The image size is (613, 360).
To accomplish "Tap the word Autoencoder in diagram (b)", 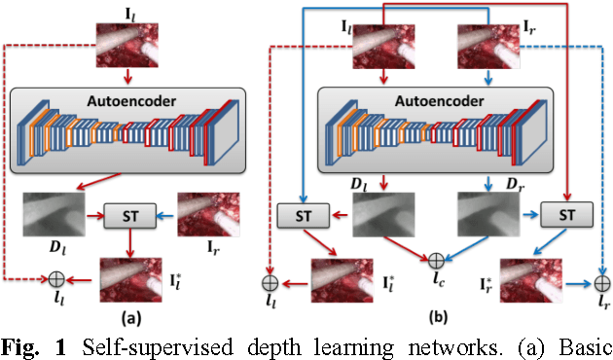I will pos(438,100).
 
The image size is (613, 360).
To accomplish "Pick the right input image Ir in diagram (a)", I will pos(206,213).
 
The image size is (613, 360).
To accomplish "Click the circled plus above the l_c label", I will pos(437,260).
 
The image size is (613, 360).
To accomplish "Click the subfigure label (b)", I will pos(436,316).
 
